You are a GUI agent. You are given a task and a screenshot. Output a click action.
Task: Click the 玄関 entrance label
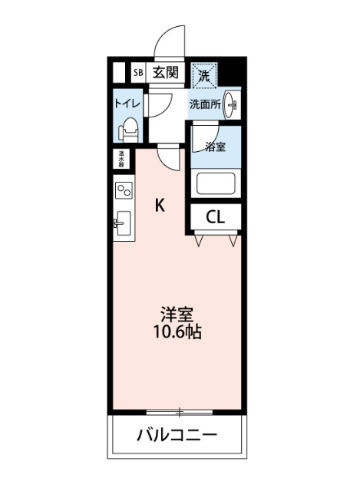[x=165, y=73]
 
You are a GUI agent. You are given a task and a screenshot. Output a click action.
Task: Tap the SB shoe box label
[x=139, y=73]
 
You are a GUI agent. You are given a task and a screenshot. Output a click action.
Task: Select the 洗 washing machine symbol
[x=204, y=75]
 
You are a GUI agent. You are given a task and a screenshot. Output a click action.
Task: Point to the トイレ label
[x=126, y=103]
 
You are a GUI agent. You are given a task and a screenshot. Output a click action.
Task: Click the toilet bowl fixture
[x=128, y=129]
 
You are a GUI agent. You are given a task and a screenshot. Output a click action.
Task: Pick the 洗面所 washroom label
[x=206, y=104]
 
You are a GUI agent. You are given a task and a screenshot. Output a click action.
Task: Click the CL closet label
[x=216, y=218]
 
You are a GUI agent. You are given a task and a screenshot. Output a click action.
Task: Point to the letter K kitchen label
[x=160, y=205]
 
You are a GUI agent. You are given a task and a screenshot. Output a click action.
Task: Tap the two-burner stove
[x=124, y=189]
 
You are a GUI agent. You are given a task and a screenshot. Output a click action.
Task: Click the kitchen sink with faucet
[x=123, y=225]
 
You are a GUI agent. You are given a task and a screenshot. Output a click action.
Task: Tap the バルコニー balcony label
[x=177, y=436]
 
